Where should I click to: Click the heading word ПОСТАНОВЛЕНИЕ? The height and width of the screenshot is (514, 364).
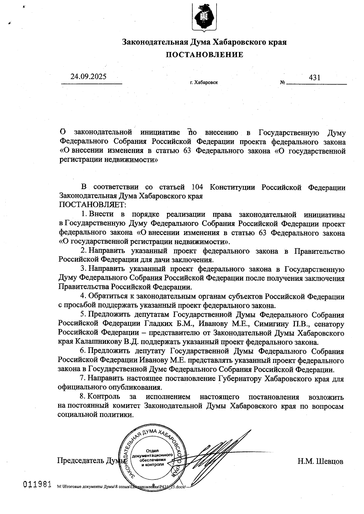point(204,55)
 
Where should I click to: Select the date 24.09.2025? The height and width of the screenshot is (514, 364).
point(88,76)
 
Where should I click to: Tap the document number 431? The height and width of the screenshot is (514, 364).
point(315,78)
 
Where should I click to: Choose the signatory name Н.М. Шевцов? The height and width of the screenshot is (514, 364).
point(320,461)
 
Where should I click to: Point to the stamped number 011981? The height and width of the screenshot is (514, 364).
point(37,484)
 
